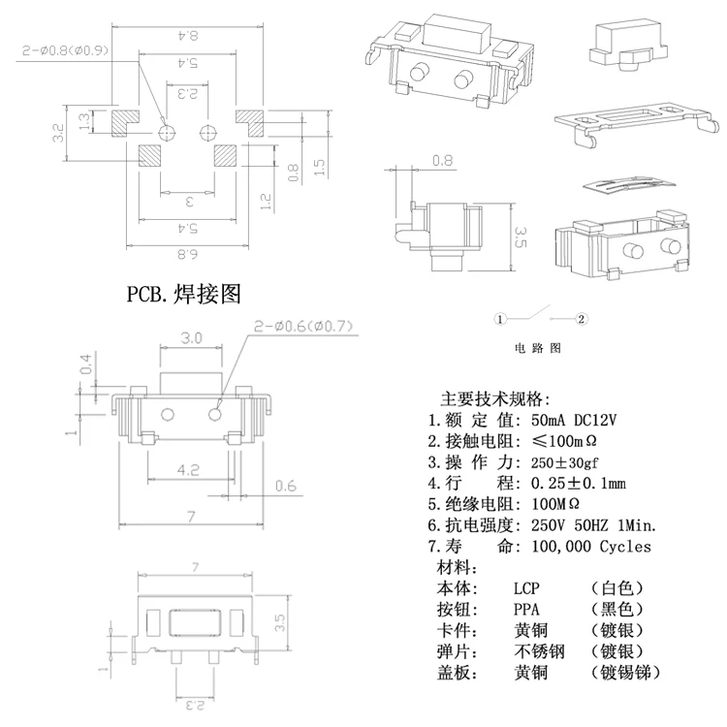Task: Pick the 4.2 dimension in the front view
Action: click(x=189, y=470)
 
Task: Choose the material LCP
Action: click(x=527, y=588)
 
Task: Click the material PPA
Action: click(x=527, y=610)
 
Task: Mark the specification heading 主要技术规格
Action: click(x=494, y=399)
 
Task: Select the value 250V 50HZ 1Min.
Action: click(x=594, y=525)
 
